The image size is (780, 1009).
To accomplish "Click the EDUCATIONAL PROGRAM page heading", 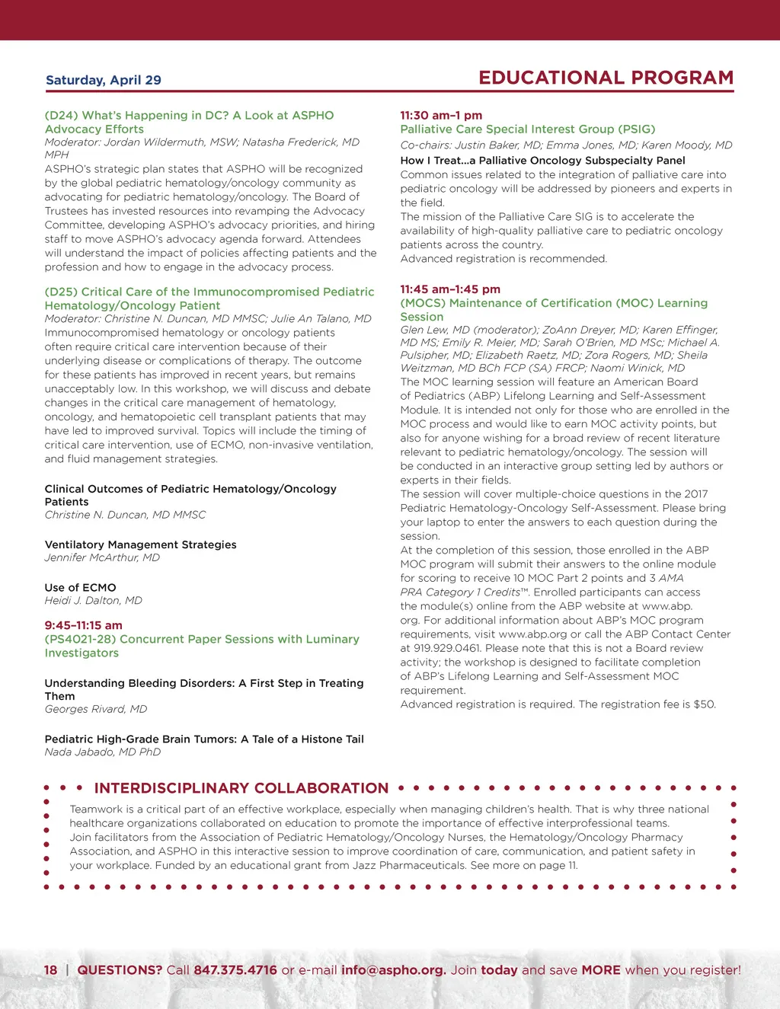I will pos(606,78).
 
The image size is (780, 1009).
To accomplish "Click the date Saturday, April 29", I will pos(104,80).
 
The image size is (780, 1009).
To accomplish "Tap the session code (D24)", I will pos(62,116).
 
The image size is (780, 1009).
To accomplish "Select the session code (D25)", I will pos(62,292).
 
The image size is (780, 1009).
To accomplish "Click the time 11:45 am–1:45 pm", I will pos(450,289).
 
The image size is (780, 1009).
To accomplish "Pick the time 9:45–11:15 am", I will pos(83,625).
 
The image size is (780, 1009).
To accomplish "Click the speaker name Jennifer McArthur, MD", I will pos(102,557).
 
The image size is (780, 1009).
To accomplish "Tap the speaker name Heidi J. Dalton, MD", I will pos(93,600).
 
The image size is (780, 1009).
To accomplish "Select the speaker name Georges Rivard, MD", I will pos(96,709).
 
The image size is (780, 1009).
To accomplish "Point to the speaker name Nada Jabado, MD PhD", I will pos(103,752).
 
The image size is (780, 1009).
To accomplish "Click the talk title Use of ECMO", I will pos(80,588).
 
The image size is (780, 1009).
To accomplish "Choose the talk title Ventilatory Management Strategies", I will pos(140,544).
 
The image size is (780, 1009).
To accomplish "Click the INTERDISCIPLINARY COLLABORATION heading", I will pos(241,788).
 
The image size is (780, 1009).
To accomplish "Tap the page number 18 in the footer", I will pos(50,970).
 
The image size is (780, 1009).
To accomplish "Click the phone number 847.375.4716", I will pos(235,970).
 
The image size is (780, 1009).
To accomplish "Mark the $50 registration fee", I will pos(704,704).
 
